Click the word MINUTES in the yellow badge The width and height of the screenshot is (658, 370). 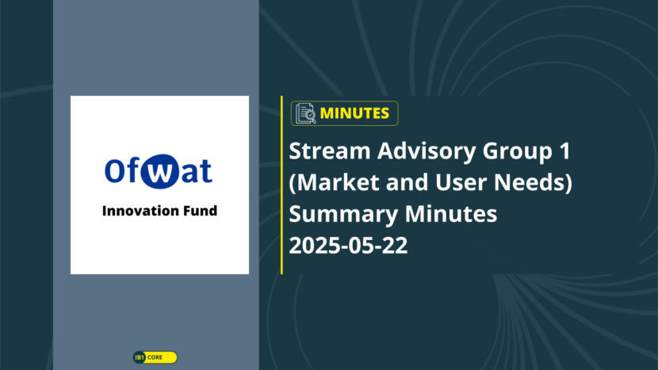354,113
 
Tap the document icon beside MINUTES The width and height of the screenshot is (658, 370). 305,113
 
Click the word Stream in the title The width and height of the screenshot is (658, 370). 330,151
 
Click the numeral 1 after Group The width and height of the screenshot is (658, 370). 566,151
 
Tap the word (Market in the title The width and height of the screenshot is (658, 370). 335,182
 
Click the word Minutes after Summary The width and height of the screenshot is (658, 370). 451,214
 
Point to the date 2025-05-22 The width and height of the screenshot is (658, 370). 348,246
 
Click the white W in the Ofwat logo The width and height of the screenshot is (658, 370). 159,172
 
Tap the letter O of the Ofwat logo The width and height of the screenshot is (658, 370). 113,170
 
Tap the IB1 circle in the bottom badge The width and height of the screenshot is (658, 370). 140,357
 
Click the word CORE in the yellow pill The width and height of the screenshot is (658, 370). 155,357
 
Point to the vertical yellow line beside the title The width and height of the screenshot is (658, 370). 281,185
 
